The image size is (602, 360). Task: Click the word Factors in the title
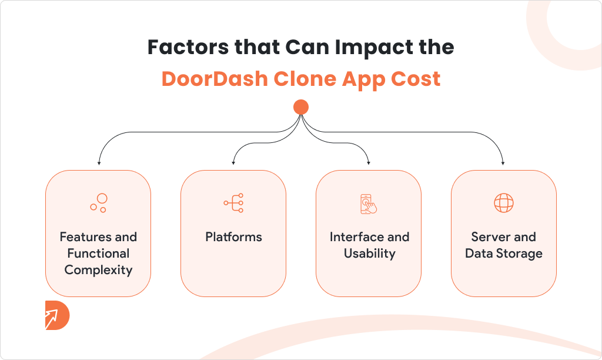coord(189,47)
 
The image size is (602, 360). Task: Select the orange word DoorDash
coord(215,79)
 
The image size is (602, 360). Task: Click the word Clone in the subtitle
coord(305,79)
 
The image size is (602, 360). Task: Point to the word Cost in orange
coord(416,79)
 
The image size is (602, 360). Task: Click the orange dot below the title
coord(301,107)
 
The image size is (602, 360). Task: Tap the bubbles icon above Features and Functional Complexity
coord(99,203)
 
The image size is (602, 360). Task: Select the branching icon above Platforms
coord(233,203)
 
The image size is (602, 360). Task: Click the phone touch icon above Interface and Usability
coord(369,204)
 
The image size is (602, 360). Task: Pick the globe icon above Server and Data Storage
coord(504,203)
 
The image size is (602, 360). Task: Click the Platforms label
coord(233,236)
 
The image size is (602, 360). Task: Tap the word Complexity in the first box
coord(98,270)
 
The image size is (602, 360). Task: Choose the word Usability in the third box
coord(369,254)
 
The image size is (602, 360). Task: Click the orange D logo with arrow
coord(57,315)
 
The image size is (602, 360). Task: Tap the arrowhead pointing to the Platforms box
coord(233,163)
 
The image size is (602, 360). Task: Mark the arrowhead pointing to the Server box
coord(503,163)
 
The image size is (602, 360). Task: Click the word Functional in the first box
coord(98,254)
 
